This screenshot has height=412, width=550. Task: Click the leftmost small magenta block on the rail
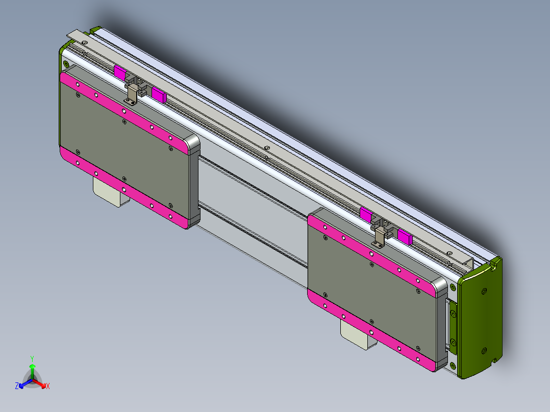click(x=120, y=72)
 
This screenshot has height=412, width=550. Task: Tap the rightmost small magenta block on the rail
click(x=404, y=237)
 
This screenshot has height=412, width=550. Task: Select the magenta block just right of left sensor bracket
click(x=159, y=94)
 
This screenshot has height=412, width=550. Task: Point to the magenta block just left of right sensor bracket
click(x=366, y=214)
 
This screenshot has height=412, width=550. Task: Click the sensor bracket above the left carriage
click(x=132, y=92)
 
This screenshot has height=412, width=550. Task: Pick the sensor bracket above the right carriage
click(x=380, y=235)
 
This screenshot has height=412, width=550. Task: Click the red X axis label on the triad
click(x=48, y=386)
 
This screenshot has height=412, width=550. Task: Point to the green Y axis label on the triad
click(x=32, y=358)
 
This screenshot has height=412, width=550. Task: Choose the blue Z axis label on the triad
click(x=17, y=386)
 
